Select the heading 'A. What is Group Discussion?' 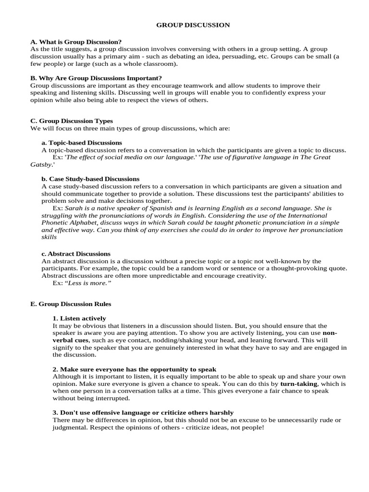[x=76, y=42]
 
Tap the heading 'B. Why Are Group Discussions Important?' [x=96, y=78]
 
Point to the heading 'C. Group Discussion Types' [x=71, y=121]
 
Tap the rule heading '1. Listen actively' [x=79, y=318]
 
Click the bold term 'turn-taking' [x=298, y=384]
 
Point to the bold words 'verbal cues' [x=68, y=340]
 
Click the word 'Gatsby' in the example [x=40, y=164]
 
